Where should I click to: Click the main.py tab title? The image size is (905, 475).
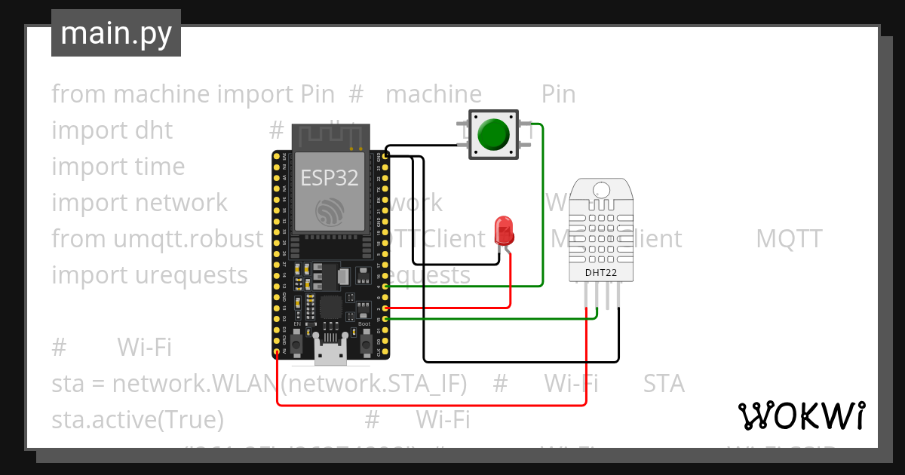115,33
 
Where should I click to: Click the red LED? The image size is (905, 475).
503,229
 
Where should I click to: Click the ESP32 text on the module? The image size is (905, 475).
329,177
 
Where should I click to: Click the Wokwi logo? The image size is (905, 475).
801,415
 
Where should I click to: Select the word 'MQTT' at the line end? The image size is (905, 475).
788,239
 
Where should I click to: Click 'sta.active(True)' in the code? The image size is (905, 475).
137,418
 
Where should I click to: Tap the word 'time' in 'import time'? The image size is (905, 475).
160,167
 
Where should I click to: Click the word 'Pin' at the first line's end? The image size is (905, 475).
558,94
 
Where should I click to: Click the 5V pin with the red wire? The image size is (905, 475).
278,351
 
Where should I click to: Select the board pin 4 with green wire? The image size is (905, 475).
386,287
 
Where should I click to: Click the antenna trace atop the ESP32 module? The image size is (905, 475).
330,136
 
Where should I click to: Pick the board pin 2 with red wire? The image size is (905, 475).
386,308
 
